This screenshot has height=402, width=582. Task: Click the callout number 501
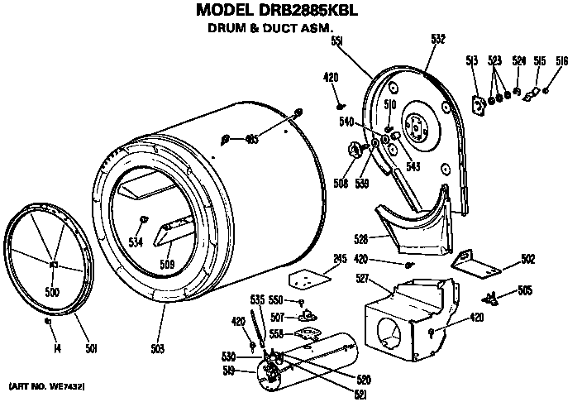pyautogui.click(x=92, y=347)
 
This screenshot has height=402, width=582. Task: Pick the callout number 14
pyautogui.click(x=57, y=347)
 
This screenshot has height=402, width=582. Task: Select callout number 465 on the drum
pyautogui.click(x=251, y=139)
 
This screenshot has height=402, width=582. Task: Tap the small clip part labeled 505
pyautogui.click(x=492, y=297)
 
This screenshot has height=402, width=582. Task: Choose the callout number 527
pyautogui.click(x=361, y=279)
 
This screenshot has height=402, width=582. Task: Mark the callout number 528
pyautogui.click(x=360, y=238)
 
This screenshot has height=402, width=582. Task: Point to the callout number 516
pyautogui.click(x=561, y=60)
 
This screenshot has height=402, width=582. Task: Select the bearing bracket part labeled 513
pyautogui.click(x=478, y=103)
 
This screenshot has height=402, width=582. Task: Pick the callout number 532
pyautogui.click(x=438, y=38)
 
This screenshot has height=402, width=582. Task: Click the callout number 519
pyautogui.click(x=229, y=372)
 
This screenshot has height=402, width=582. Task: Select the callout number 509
pyautogui.click(x=167, y=266)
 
